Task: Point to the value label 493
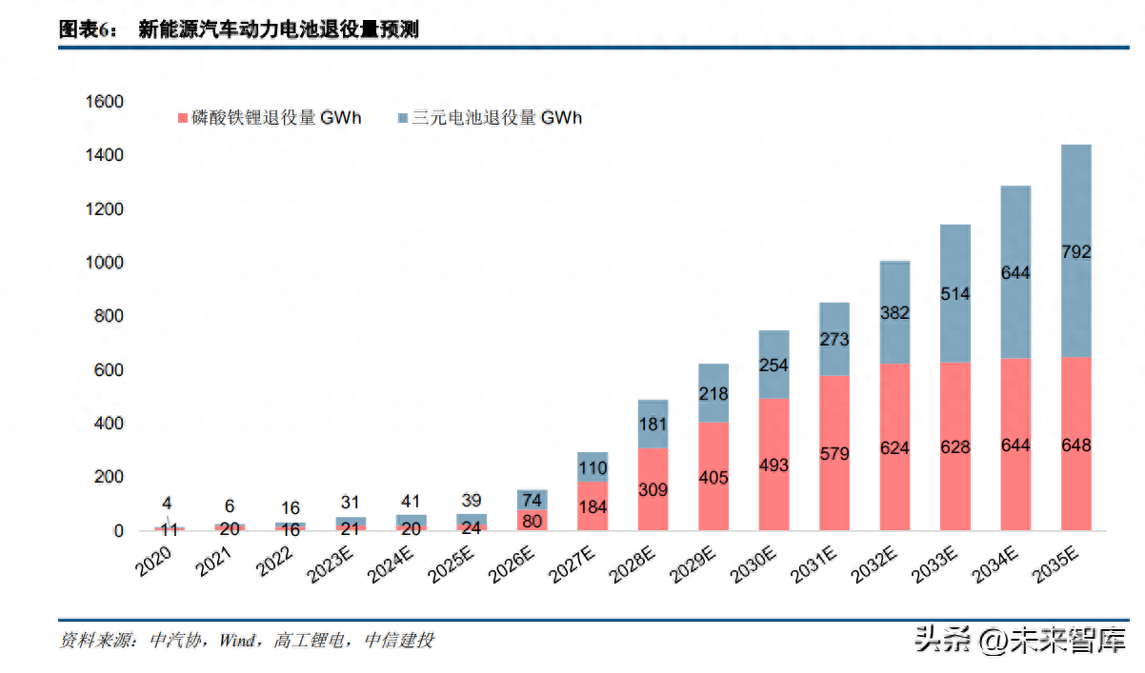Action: (773, 465)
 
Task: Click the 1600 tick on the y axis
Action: (105, 102)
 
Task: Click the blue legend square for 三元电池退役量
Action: (403, 119)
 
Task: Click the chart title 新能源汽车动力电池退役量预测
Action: (278, 30)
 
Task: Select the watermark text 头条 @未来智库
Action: (1019, 639)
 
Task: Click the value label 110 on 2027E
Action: (593, 468)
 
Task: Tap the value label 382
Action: (894, 313)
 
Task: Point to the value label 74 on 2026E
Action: (532, 502)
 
